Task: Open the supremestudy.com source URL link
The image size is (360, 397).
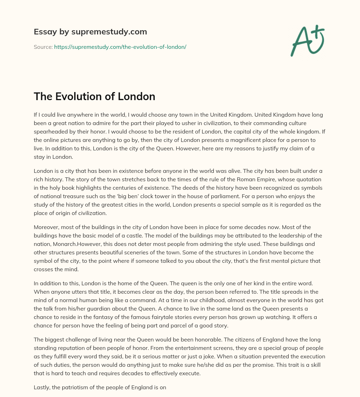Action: pyautogui.click(x=120, y=47)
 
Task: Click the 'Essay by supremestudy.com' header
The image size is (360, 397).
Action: pyautogui.click(x=90, y=32)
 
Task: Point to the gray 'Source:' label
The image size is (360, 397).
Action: pyautogui.click(x=43, y=47)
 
